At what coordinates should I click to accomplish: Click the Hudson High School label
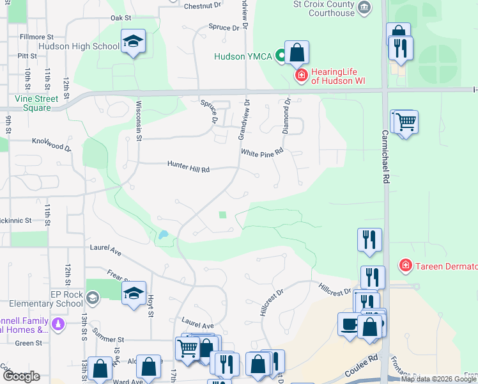[x=79, y=46]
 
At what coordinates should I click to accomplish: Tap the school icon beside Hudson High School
[x=134, y=42]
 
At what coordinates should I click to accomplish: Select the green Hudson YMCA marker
[x=279, y=56]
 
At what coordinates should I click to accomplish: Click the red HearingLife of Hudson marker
[x=300, y=76]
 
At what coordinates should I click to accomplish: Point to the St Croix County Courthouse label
[x=324, y=8]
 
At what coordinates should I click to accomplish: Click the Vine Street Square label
[x=37, y=103]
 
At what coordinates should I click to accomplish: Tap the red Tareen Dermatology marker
[x=405, y=265]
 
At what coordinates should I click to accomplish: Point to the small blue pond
[x=164, y=235]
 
